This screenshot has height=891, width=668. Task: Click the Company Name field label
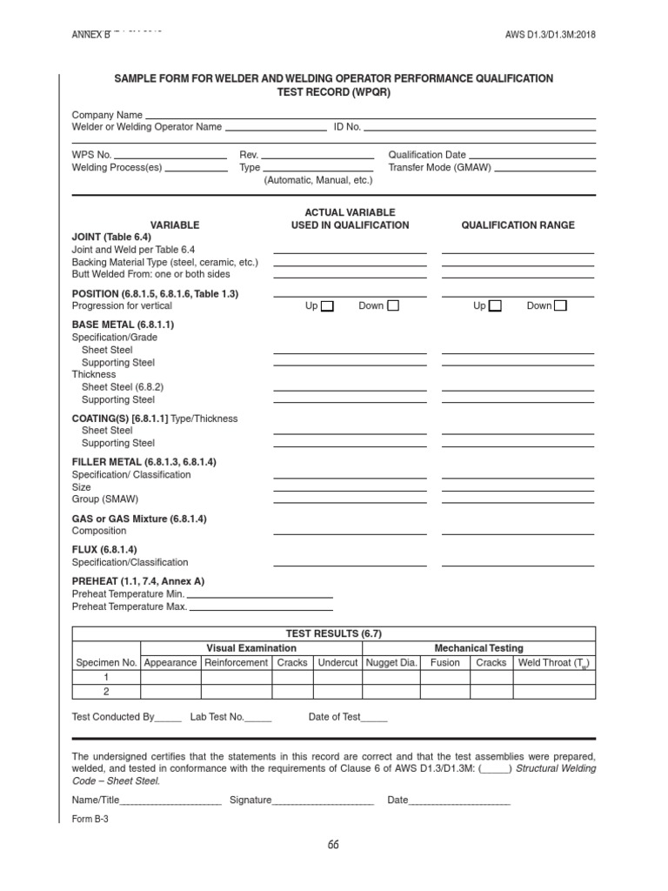[107, 115]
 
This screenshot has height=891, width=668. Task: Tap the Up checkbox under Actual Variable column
[327, 305]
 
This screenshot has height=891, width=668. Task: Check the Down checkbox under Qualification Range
[560, 305]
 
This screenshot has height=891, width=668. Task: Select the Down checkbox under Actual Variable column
[393, 305]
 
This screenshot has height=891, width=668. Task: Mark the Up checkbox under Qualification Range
[495, 305]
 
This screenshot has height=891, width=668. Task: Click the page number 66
[333, 845]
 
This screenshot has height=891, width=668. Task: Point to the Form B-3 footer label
[90, 819]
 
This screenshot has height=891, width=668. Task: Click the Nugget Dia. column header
[391, 662]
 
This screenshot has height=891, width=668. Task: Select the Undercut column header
[337, 662]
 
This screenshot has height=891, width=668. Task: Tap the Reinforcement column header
[236, 662]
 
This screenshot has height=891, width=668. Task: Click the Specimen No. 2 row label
[106, 691]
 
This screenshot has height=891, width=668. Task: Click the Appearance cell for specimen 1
[170, 677]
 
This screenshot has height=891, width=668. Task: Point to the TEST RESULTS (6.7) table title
[333, 634]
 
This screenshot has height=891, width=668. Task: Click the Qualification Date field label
[426, 154]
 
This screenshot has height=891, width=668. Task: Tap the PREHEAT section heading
[138, 580]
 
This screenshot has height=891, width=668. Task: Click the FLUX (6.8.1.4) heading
[104, 550]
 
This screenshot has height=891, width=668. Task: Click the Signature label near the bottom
[250, 800]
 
